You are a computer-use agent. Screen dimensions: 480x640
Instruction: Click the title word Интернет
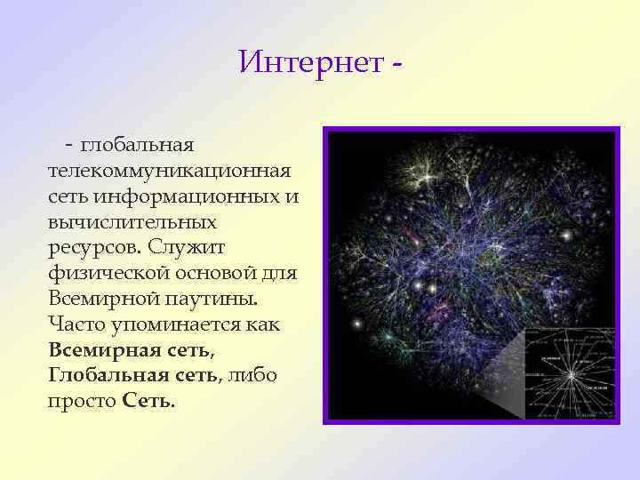[x=309, y=62]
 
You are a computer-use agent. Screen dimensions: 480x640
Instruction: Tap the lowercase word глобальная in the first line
[x=138, y=143]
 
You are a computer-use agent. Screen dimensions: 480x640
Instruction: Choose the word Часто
[x=76, y=324]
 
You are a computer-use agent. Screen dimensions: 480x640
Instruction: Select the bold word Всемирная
[x=108, y=349]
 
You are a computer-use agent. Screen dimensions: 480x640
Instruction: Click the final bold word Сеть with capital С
[x=148, y=401]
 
